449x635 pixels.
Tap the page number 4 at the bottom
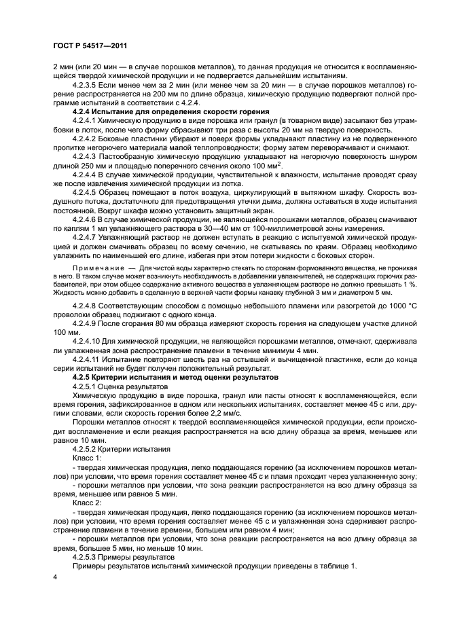pos(54,577)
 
